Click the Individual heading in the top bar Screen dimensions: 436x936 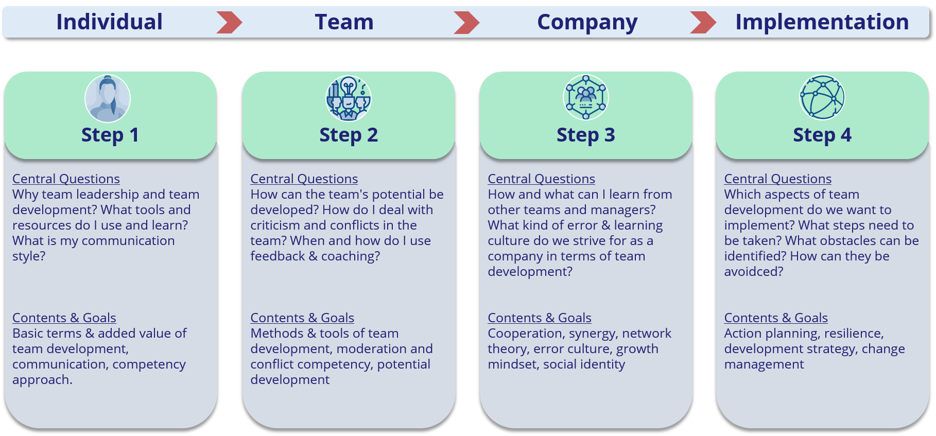click(109, 22)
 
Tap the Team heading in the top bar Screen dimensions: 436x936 click(344, 22)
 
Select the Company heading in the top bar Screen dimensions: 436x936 click(587, 22)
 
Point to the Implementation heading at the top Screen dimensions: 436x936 click(822, 22)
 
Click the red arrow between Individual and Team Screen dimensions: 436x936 click(229, 23)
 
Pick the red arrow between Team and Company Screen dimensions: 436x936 click(466, 23)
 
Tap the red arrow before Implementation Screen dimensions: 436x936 click(703, 23)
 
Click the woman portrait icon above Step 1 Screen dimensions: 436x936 click(108, 98)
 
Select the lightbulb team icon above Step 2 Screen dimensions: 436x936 click(349, 98)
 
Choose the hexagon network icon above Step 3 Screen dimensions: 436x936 click(585, 97)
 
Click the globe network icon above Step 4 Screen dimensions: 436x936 click(822, 97)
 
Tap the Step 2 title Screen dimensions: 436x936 click(349, 135)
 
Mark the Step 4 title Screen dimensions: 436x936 click(822, 135)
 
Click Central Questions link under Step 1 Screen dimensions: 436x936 click(66, 179)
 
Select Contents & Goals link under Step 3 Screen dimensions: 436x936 click(539, 318)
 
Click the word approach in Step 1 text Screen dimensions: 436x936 click(41, 380)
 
